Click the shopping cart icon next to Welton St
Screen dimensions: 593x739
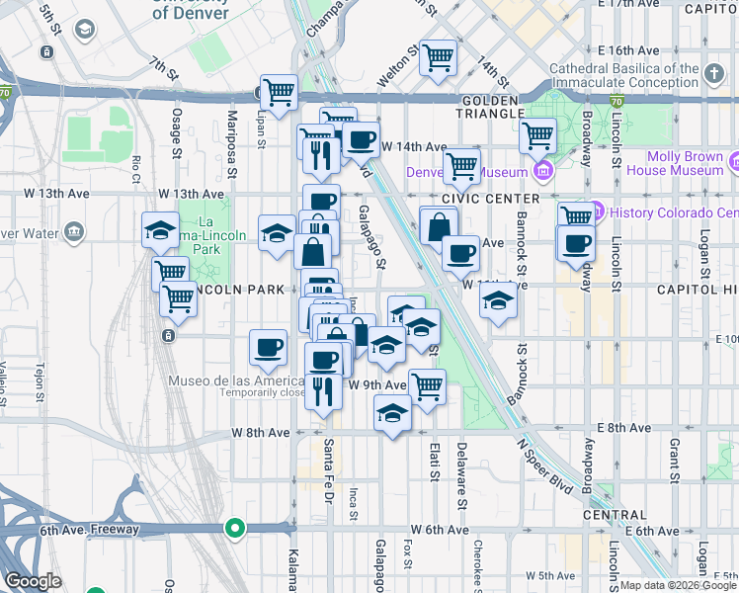(x=438, y=56)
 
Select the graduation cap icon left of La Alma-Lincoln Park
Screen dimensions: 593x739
(x=160, y=231)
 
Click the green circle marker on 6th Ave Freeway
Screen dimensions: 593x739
(x=234, y=528)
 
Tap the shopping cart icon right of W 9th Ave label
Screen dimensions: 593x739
(x=427, y=386)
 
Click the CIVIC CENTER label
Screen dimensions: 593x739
(x=479, y=198)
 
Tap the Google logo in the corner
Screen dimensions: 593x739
(x=34, y=581)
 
